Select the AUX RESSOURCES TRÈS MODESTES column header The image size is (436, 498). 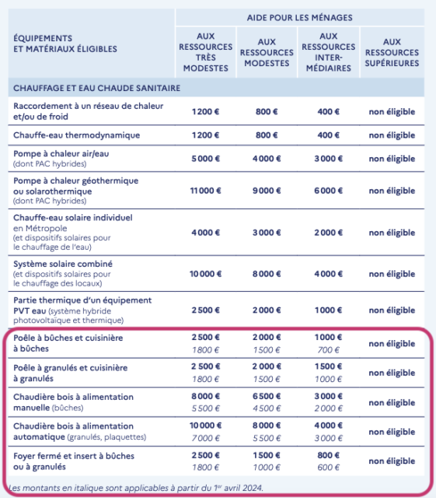click(x=206, y=52)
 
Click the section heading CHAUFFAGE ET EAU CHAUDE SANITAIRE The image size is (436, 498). click(x=97, y=88)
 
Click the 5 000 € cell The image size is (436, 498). click(x=206, y=159)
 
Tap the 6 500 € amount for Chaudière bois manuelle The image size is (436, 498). click(x=267, y=396)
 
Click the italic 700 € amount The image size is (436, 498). click(x=328, y=350)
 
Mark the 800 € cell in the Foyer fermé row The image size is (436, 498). click(x=328, y=455)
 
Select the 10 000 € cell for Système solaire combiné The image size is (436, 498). click(x=206, y=274)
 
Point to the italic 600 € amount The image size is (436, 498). click(x=328, y=468)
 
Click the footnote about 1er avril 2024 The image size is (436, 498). click(x=136, y=488)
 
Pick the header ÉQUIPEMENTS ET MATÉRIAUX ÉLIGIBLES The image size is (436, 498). click(x=65, y=43)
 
